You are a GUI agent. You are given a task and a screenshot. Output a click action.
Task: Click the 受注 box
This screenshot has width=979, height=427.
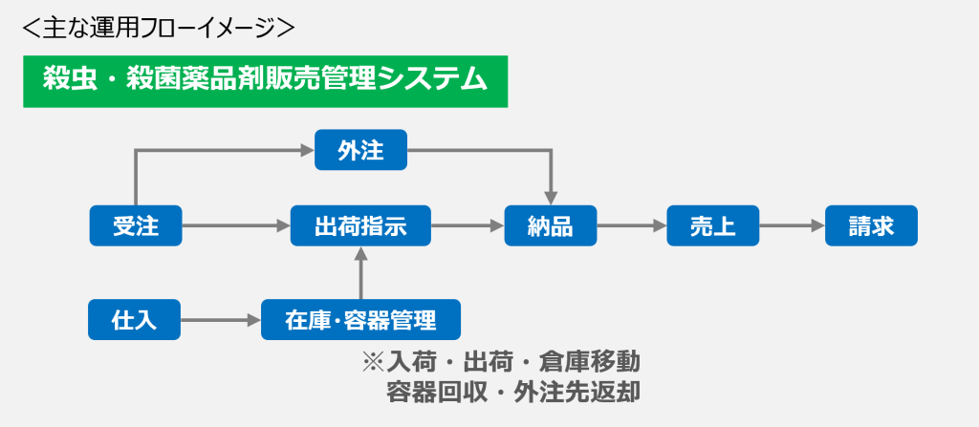[x=136, y=225]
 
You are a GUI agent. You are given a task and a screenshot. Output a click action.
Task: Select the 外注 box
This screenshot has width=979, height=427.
[x=360, y=150]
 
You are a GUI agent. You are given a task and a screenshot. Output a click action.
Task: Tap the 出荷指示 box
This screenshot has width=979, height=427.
[x=360, y=225]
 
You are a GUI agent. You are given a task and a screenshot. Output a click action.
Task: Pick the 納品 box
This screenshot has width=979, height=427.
[x=551, y=225]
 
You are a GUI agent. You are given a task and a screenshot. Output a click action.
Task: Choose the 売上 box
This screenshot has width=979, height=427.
[x=713, y=225]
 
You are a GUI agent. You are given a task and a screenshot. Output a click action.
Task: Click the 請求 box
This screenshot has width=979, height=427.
[x=872, y=225]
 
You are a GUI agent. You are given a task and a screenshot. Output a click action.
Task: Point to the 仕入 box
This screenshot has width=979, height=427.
[x=134, y=320]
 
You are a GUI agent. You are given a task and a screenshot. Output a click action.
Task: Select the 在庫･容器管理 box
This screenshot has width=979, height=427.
[x=360, y=320]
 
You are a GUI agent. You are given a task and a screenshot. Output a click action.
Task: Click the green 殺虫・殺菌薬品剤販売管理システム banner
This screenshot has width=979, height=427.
[x=266, y=82]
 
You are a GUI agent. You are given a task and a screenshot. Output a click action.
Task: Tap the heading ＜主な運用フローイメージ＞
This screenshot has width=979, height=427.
[x=158, y=28]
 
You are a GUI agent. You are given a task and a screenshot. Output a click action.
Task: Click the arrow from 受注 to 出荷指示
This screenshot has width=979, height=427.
[x=236, y=226]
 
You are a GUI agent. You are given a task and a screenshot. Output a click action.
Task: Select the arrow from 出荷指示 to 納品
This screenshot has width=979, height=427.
[x=468, y=226]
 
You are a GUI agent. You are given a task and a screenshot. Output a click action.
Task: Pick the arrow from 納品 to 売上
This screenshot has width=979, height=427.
[x=632, y=226]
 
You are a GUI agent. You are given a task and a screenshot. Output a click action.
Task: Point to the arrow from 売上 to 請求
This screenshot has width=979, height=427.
[x=793, y=226]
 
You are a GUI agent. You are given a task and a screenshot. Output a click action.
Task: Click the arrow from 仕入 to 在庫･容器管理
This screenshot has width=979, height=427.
[x=221, y=320]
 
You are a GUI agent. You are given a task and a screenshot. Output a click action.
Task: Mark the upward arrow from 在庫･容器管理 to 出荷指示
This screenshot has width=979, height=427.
[x=360, y=273]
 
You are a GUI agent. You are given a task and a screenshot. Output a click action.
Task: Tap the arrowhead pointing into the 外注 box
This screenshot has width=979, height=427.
[x=308, y=150]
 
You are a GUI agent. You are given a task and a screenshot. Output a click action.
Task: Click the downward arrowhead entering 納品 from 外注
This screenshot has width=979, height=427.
[x=551, y=198]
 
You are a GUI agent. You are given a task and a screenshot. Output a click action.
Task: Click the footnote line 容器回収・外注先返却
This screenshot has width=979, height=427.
[x=513, y=392]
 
